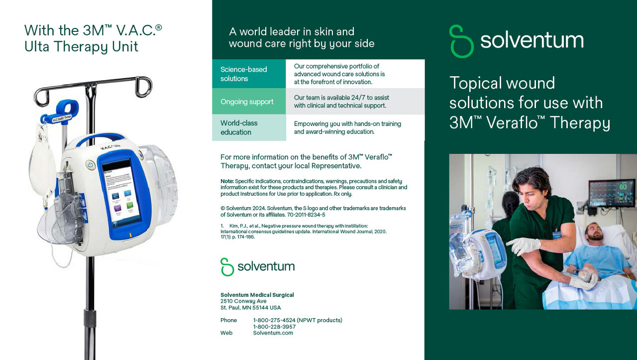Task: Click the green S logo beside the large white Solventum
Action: click(x=461, y=41)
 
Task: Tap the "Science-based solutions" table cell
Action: click(x=249, y=74)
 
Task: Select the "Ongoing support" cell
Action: click(x=249, y=101)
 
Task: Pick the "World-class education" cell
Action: click(x=249, y=127)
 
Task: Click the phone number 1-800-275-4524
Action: click(x=274, y=320)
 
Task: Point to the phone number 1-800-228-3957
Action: click(x=274, y=327)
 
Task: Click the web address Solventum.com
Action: click(x=273, y=333)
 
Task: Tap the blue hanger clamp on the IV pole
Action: click(x=61, y=113)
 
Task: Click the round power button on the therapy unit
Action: click(x=91, y=165)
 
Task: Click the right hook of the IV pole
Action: click(x=144, y=87)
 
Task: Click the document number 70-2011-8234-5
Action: click(x=306, y=215)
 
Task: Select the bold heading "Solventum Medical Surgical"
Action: click(x=257, y=295)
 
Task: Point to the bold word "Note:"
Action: click(x=227, y=181)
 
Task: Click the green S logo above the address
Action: click(x=227, y=267)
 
